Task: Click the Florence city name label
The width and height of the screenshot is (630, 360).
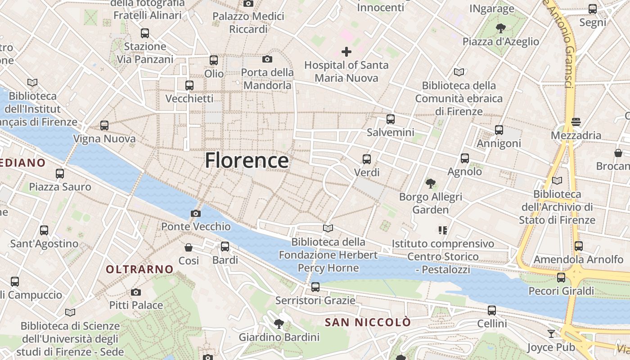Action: pos(247,161)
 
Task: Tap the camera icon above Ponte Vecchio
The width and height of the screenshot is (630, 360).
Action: pos(196,213)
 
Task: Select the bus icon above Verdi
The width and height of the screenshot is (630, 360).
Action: pos(367,159)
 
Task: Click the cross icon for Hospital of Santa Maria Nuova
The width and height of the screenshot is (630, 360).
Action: pos(346,52)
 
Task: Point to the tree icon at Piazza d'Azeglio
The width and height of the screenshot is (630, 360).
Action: pos(500,29)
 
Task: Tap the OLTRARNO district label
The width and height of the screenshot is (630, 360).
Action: pos(139,269)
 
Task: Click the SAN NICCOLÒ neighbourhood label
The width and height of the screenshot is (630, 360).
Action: pos(368,322)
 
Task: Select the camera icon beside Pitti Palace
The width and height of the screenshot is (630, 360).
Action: pos(136,292)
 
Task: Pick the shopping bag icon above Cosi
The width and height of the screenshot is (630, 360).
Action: pos(189,247)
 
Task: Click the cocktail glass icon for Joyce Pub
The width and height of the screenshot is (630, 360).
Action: pos(551,333)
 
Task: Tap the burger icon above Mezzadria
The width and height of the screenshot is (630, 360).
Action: pos(576,121)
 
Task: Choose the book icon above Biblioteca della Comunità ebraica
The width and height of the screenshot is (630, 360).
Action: pos(459,72)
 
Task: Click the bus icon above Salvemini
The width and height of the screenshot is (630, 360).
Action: pos(391,119)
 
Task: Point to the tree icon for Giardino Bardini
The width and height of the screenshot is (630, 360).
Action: pos(279,324)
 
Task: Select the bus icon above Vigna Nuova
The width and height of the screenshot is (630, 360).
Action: pos(104,126)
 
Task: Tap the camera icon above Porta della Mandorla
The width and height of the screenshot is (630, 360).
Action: pos(267,59)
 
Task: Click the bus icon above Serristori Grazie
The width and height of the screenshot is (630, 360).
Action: pos(315,287)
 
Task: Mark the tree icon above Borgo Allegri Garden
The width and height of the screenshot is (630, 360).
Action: pos(431,183)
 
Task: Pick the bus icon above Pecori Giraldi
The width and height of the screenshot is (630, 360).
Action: pos(561,278)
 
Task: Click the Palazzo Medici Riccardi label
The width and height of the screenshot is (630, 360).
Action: pos(248,22)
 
